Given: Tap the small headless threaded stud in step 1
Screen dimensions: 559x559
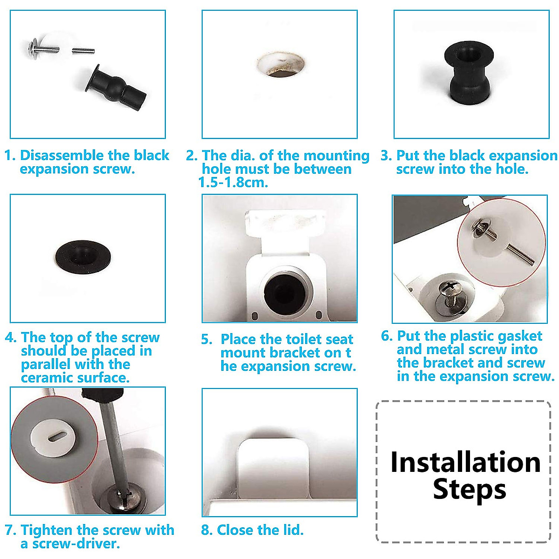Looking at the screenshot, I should (83, 50).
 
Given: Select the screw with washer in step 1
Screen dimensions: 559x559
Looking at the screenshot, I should (42, 48).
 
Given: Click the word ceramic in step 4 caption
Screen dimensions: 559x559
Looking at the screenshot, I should (47, 378).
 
